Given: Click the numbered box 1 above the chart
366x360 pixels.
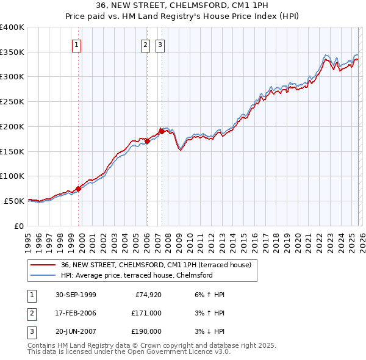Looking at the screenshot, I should coord(77,45).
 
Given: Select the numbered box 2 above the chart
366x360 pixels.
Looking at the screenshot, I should coord(146,45).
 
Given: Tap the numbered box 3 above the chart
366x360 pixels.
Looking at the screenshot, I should coord(160,45).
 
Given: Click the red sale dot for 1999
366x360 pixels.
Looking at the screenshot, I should coord(78,189).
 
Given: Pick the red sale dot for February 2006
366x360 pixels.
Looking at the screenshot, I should coord(147,141).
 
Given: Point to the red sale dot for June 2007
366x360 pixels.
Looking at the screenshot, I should coord(162,131).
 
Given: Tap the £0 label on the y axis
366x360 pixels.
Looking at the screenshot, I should coord(18,226).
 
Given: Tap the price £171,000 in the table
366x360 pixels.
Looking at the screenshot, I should coord(146,313).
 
